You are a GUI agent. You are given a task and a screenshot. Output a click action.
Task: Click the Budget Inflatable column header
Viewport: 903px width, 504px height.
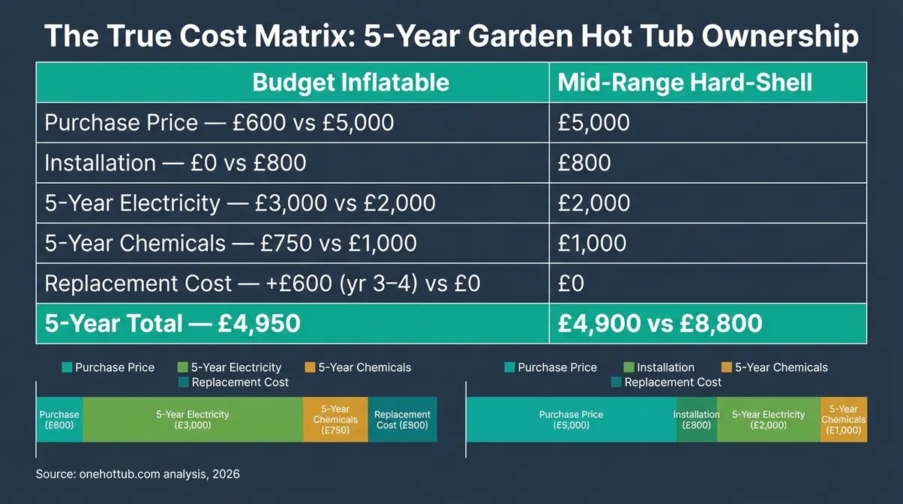click(x=350, y=82)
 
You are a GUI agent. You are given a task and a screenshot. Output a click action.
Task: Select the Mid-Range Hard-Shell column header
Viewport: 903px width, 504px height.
click(x=685, y=82)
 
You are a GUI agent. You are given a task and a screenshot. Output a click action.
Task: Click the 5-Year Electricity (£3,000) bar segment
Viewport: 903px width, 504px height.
click(x=193, y=419)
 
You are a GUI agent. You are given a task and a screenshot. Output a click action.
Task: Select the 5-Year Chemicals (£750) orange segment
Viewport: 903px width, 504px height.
click(x=335, y=419)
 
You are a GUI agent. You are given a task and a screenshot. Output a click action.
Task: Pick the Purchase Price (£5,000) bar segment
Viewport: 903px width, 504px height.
click(x=571, y=419)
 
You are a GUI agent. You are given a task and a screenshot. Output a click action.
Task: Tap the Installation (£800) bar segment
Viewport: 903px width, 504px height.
click(x=697, y=419)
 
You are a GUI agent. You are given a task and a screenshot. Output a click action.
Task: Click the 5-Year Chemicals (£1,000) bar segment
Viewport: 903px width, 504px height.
click(x=844, y=419)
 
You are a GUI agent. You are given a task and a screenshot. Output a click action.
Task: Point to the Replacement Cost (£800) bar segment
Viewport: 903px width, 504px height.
click(x=402, y=419)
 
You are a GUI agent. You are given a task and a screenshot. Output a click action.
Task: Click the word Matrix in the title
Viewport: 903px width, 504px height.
click(x=299, y=36)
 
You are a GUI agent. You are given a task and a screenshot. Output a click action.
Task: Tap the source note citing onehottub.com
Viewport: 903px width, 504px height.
click(x=138, y=474)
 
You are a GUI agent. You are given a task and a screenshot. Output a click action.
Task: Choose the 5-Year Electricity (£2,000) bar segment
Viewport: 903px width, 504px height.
click(x=768, y=419)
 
